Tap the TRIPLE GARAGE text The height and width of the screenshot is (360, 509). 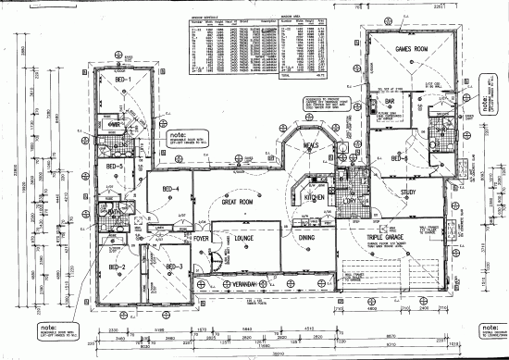[386, 238]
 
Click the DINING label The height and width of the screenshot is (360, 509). [306, 238]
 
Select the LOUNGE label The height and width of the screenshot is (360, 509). [245, 238]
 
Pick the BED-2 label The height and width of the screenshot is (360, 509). [118, 267]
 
